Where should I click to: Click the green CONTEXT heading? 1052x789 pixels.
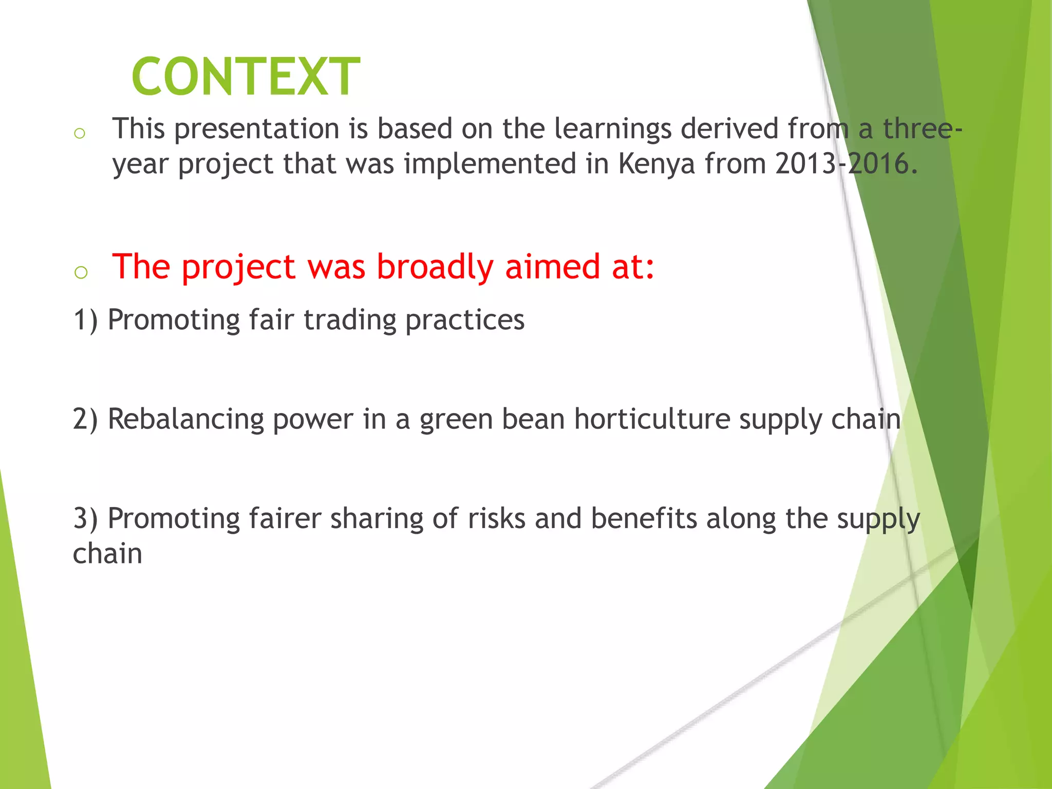click(x=246, y=77)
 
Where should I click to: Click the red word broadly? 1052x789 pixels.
click(x=435, y=267)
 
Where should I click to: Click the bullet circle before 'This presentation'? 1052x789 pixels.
click(x=80, y=134)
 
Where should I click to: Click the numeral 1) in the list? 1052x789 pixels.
click(x=85, y=320)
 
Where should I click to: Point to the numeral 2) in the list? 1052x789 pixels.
click(x=85, y=419)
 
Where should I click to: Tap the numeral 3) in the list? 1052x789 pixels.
click(x=85, y=518)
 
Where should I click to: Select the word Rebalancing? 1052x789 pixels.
click(x=185, y=419)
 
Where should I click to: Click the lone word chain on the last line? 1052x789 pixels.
click(x=107, y=554)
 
